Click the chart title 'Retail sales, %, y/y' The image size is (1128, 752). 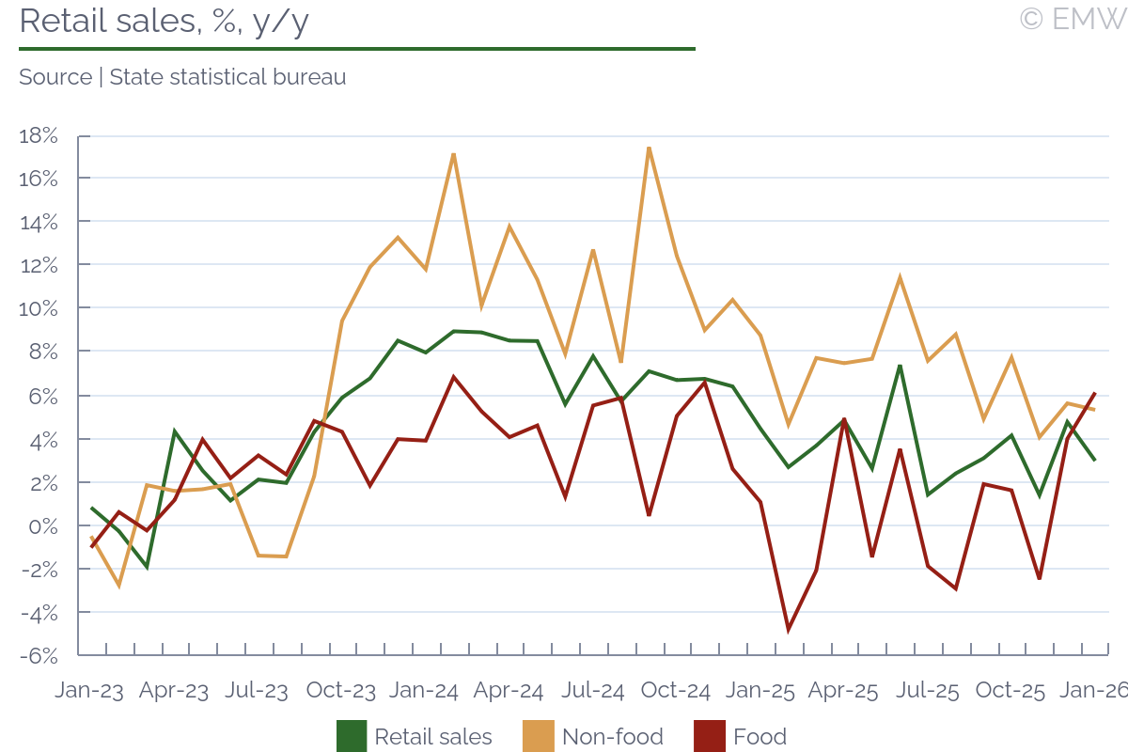point(164,21)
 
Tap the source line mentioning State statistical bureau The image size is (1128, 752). point(182,77)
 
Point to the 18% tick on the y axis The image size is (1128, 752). point(39,135)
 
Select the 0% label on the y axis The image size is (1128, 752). point(43,525)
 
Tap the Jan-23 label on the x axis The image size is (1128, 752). point(89,690)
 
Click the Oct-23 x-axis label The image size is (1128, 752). point(341,690)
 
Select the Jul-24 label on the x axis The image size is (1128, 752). point(593,690)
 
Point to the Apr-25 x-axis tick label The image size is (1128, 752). point(844,690)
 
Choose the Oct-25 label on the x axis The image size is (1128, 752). point(1010,690)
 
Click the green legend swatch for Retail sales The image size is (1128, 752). point(352,736)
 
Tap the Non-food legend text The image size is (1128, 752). point(612,736)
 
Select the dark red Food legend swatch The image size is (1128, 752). point(709,736)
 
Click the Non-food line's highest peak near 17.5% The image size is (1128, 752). point(649,148)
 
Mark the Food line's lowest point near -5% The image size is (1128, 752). point(789,630)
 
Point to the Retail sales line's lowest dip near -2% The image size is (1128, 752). point(147,568)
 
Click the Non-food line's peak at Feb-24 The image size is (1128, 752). point(453,154)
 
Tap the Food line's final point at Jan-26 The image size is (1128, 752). point(1094,393)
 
